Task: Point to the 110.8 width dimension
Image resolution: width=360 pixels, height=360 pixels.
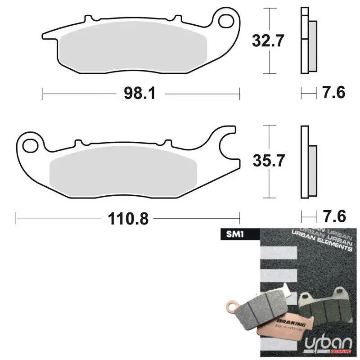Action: pos(128,219)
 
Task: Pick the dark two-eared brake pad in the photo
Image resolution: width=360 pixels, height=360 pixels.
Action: pos(327,306)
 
